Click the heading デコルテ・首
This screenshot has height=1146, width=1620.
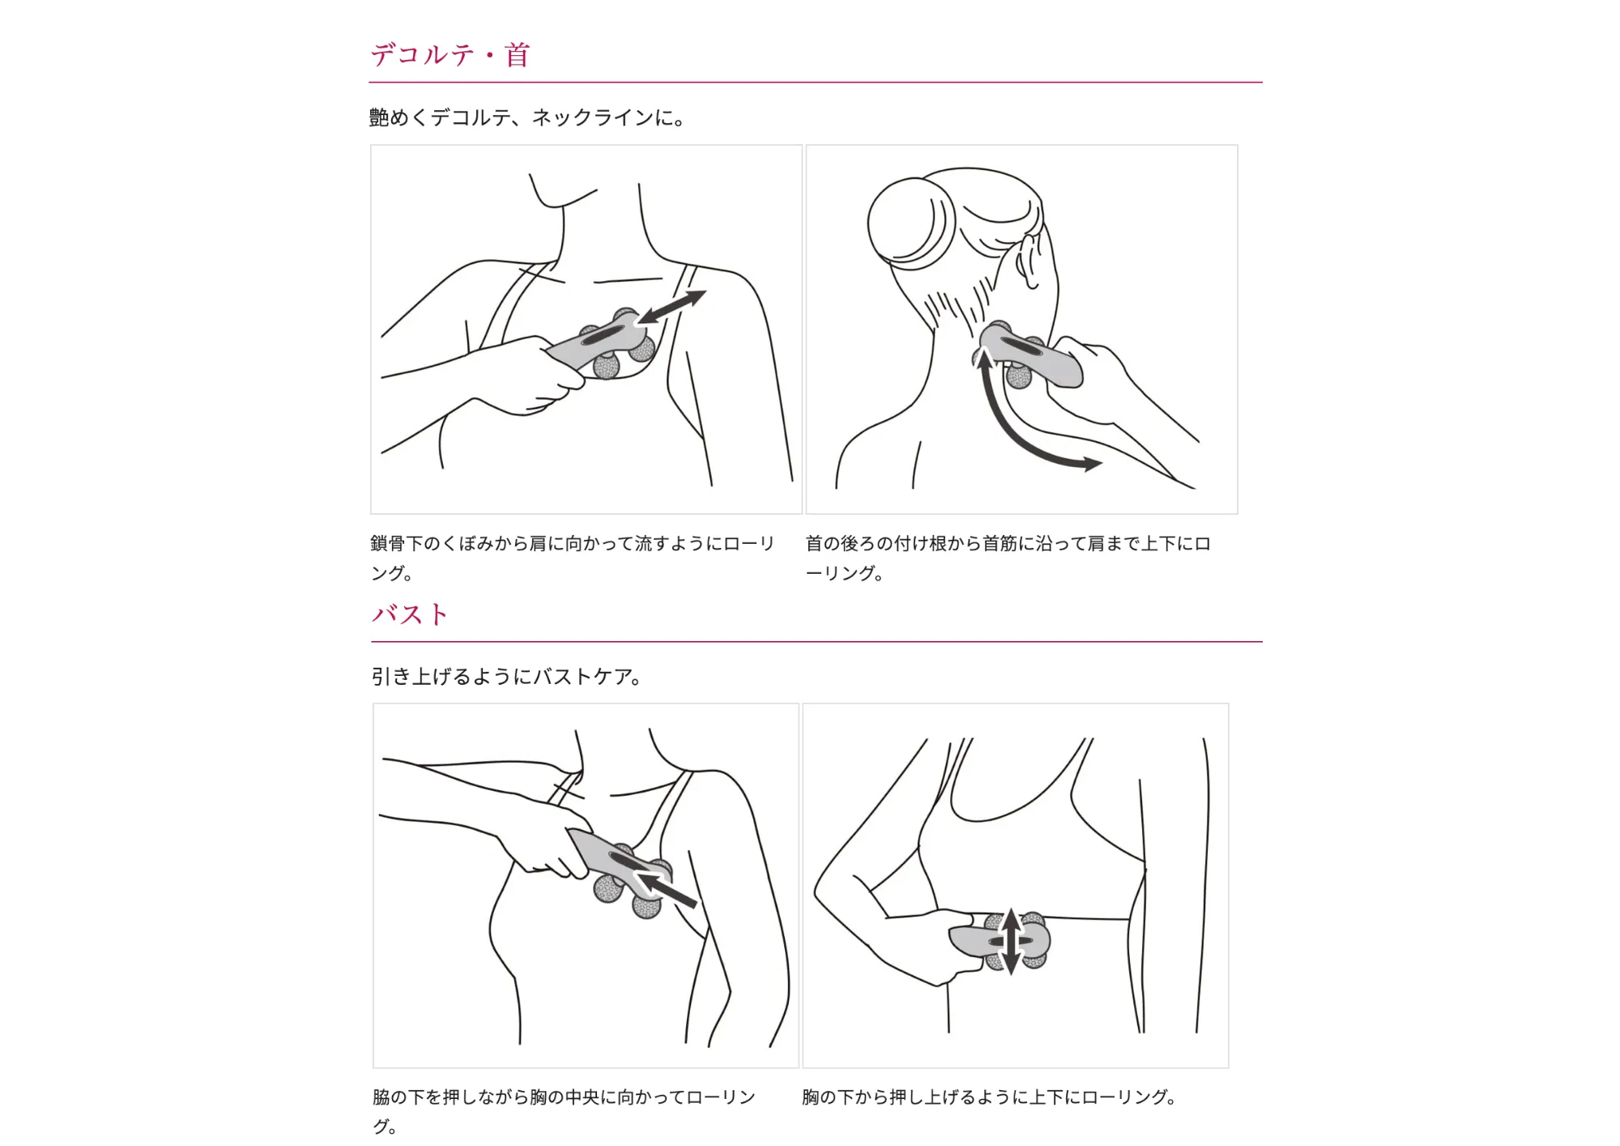click(x=450, y=55)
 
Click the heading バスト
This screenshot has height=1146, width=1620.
click(x=410, y=614)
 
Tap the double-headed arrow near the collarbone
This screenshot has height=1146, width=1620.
click(x=671, y=308)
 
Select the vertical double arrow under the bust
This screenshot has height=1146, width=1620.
click(x=1011, y=941)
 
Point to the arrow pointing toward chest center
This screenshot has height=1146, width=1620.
click(x=666, y=889)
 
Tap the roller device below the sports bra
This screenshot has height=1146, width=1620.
click(x=1000, y=940)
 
